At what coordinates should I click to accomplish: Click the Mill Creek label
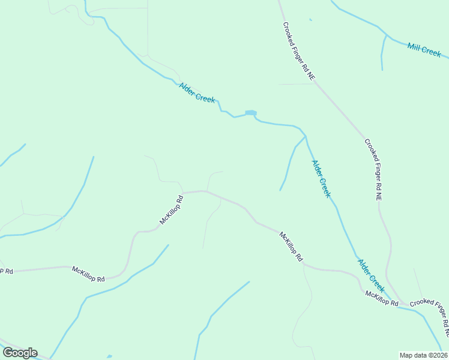point(424,50)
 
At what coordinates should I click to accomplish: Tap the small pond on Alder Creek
point(250,113)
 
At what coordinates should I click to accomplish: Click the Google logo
point(20,353)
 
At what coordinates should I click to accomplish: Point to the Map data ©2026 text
point(423,355)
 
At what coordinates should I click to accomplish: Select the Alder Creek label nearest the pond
point(197,92)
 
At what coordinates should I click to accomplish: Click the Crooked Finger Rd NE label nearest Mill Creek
point(299,52)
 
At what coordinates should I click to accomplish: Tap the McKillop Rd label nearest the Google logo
point(88,274)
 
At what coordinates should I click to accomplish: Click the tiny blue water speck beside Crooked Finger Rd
point(310,20)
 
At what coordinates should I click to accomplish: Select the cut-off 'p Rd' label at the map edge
point(6,271)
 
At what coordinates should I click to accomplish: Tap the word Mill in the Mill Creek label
point(414,47)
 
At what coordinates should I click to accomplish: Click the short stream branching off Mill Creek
point(382,53)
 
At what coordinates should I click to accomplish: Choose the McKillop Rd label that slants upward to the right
point(171,209)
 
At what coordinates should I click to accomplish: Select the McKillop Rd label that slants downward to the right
point(291,246)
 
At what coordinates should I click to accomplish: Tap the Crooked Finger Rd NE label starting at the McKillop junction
point(430,313)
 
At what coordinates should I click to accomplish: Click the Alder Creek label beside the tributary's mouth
point(321,178)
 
